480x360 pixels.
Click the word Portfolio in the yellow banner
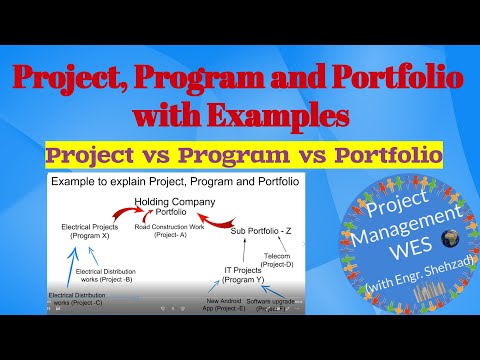[368, 155]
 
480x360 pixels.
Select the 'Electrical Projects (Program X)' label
[98, 231]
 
